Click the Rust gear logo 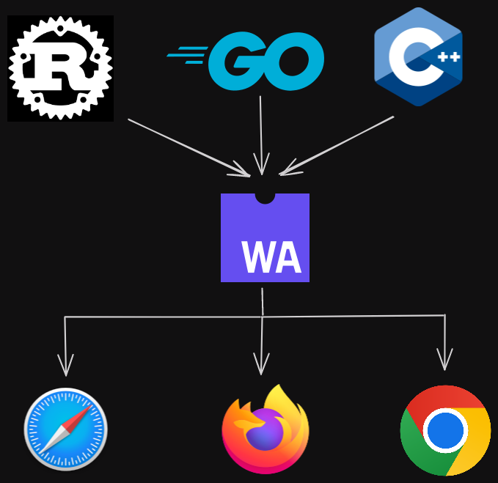[x=60, y=68]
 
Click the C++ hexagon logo [x=418, y=57]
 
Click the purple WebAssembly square [x=265, y=238]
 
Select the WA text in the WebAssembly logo [x=271, y=257]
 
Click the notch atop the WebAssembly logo [x=265, y=196]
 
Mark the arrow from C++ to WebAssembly [x=337, y=145]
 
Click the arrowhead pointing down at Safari [x=66, y=366]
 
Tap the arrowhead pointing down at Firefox [x=261, y=364]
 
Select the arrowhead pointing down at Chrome [x=444, y=360]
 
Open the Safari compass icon [x=66, y=429]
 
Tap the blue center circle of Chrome [x=445, y=430]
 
